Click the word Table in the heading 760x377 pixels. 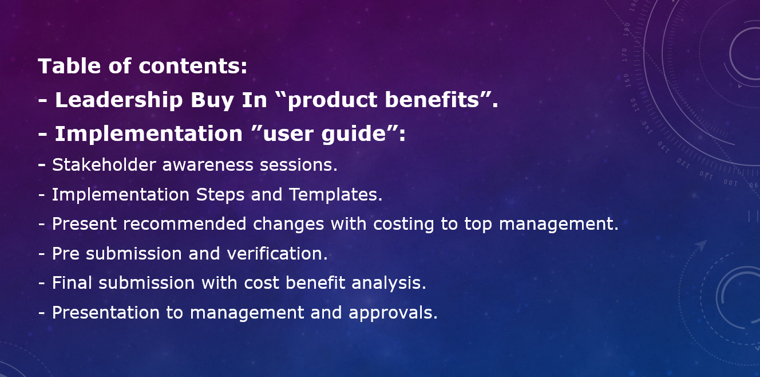70,65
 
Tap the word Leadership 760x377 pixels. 119,100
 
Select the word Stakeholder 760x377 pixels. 104,165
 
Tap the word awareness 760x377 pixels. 208,166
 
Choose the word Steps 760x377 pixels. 220,195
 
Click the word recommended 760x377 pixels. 185,224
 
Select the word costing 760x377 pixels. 403,225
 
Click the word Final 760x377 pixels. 72,283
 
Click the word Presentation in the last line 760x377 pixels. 106,313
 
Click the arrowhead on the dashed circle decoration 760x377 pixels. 701,245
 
